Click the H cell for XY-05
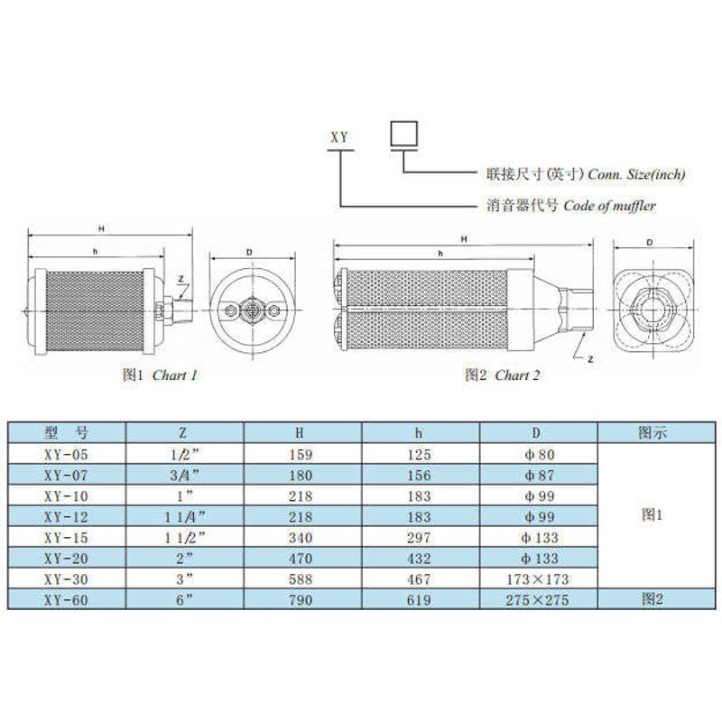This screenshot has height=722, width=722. (301, 455)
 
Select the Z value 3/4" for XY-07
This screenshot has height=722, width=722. (183, 476)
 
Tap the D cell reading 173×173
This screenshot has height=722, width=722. (538, 579)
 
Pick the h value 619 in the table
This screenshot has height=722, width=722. (419, 600)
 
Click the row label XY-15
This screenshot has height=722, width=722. (66, 538)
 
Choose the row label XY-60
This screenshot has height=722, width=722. (66, 600)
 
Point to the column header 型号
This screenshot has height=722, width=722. (66, 433)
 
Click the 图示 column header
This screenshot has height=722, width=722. (653, 433)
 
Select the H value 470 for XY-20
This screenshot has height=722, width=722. (301, 559)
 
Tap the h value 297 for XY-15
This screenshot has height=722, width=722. (419, 538)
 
